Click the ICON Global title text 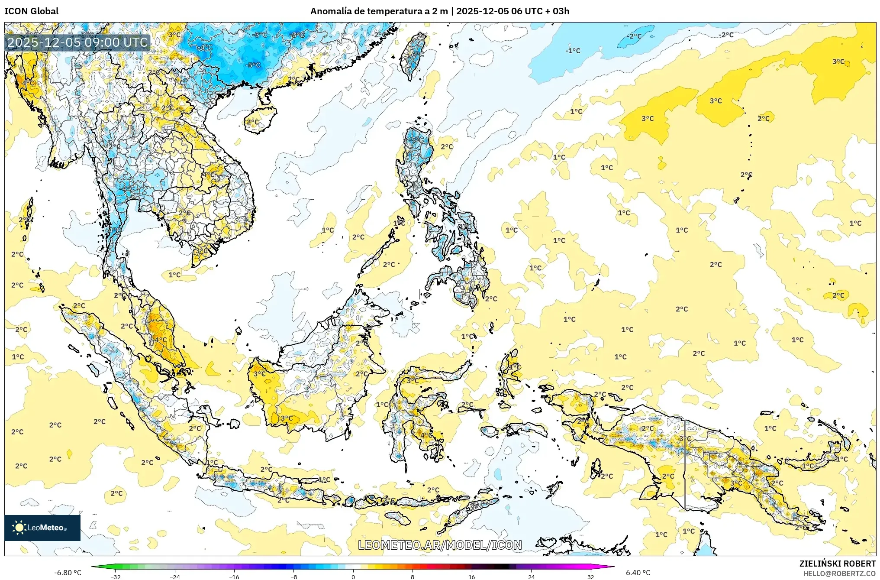[31, 11]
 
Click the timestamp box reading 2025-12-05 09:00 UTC [77, 42]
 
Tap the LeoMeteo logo [42, 528]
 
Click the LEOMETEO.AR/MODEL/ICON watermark [440, 545]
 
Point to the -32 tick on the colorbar [116, 577]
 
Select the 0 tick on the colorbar [353, 577]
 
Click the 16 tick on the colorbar [472, 577]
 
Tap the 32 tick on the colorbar [590, 577]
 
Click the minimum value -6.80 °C [68, 573]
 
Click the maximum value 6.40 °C [638, 573]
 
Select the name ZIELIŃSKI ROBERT [837, 564]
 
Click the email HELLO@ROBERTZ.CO [839, 574]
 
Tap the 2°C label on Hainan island [252, 122]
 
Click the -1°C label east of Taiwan [573, 51]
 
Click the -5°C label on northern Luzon [417, 140]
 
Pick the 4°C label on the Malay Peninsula [161, 340]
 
